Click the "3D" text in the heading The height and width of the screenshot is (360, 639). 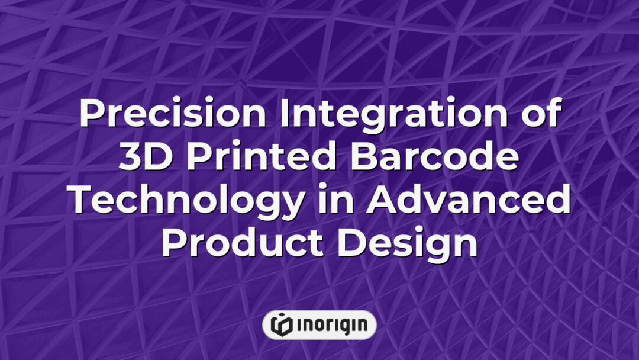[x=142, y=159]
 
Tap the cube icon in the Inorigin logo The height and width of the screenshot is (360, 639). [x=281, y=324]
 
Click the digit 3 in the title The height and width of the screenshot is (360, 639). [x=130, y=159]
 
